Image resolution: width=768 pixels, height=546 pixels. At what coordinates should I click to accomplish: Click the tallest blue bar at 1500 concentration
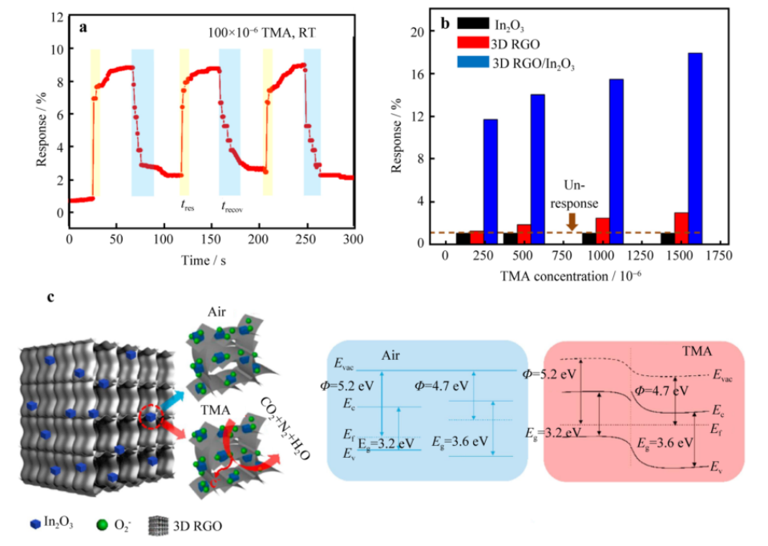coord(695,148)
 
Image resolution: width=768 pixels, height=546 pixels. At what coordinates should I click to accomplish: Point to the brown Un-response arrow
coord(572,221)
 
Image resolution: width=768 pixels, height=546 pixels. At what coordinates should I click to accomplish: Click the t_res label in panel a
coord(188,204)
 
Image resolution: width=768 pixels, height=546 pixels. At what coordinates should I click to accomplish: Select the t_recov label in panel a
coord(232,206)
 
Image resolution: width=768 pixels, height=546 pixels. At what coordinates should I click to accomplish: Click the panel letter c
coord(51,297)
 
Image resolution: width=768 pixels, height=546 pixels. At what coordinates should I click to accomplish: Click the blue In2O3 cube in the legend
coord(35,526)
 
